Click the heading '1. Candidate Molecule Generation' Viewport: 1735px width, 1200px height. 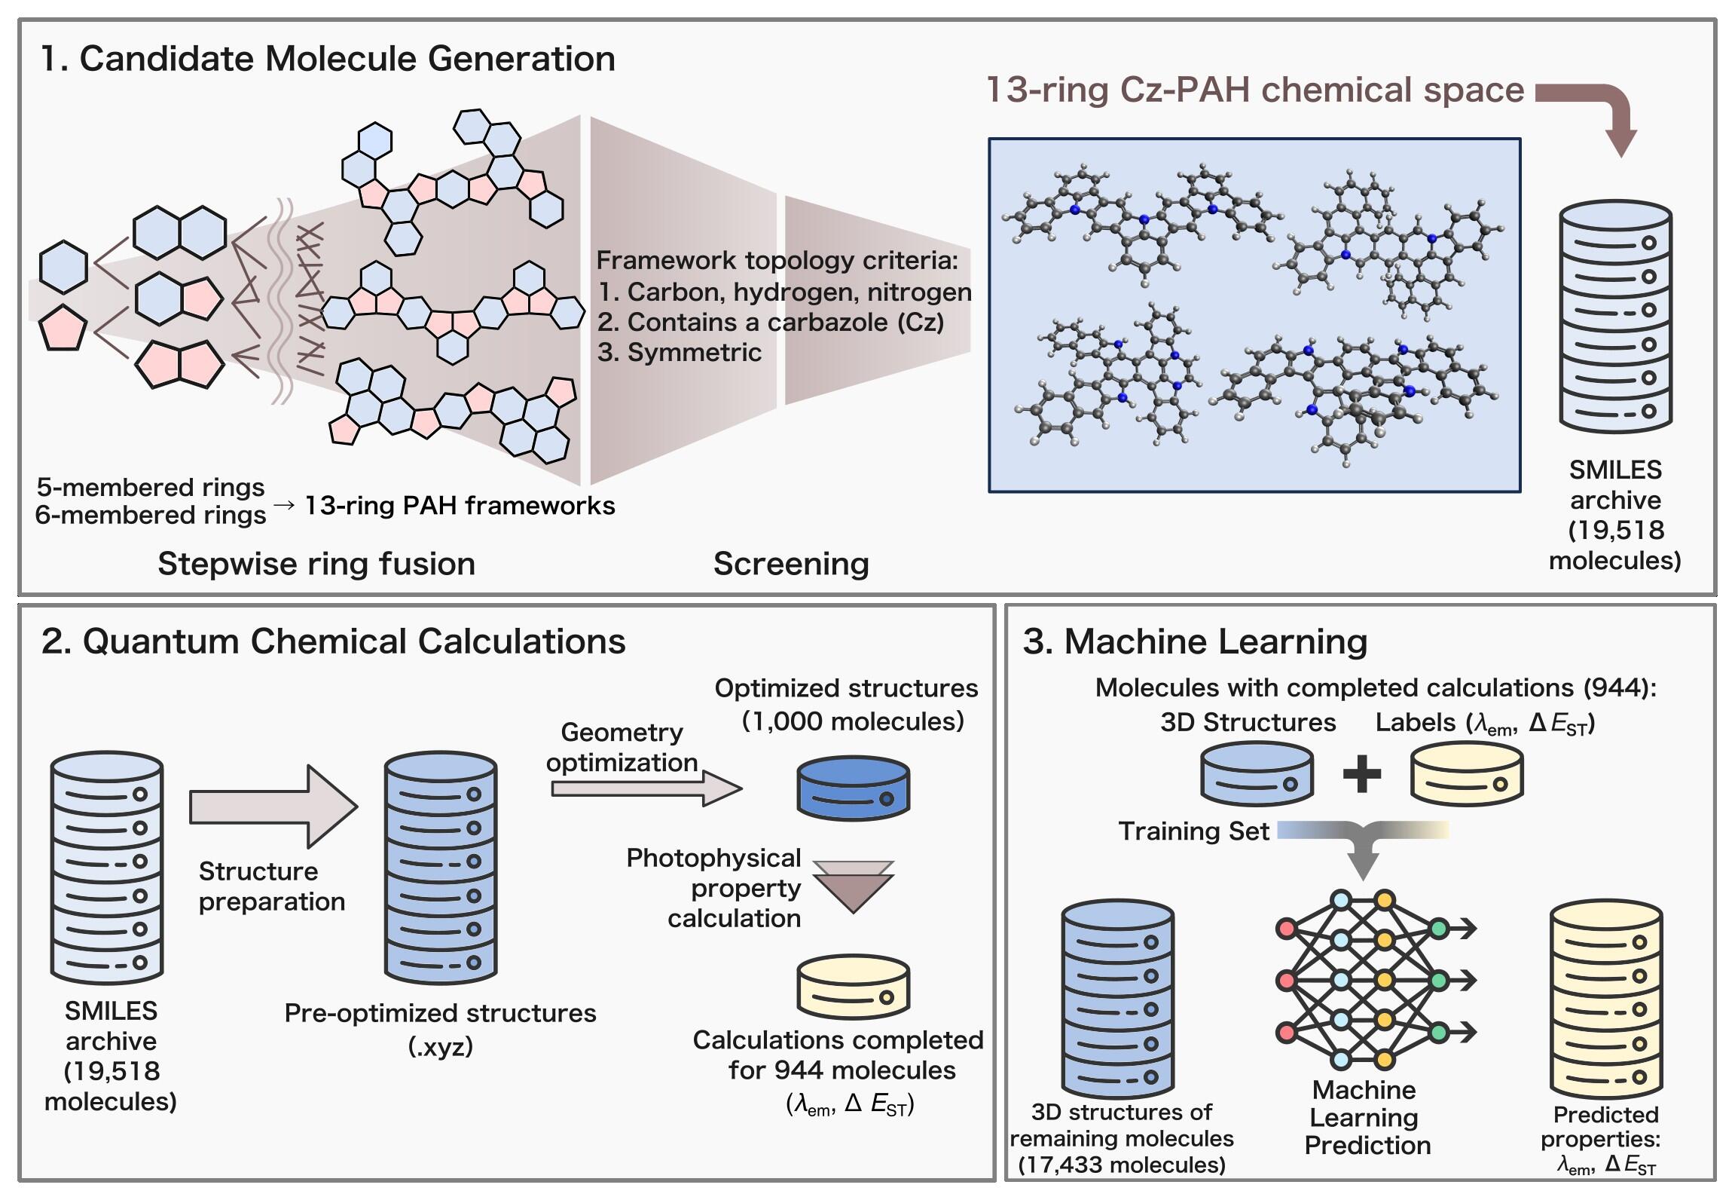[x=328, y=59]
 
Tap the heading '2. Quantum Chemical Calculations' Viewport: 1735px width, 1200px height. [x=333, y=641]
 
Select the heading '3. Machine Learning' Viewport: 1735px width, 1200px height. [x=1195, y=641]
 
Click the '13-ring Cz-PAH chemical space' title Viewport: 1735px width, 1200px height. [x=1255, y=90]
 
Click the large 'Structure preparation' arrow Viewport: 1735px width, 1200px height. [x=273, y=807]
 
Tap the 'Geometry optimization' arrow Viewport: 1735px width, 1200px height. [x=646, y=789]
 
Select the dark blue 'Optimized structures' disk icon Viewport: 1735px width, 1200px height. [x=853, y=789]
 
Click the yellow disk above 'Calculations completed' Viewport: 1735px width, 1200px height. [x=853, y=987]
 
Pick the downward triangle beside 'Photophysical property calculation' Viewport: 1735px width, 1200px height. [x=853, y=887]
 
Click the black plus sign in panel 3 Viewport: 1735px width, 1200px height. [x=1362, y=775]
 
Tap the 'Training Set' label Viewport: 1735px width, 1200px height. [x=1194, y=831]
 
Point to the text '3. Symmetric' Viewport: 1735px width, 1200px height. [x=680, y=353]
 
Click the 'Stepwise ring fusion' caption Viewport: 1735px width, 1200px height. [x=316, y=564]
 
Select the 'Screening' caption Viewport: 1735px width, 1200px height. [x=791, y=564]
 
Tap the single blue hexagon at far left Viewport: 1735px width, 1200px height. [x=63, y=267]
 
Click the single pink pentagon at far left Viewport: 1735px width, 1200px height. [x=63, y=328]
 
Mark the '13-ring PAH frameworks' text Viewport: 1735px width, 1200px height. [x=460, y=505]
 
